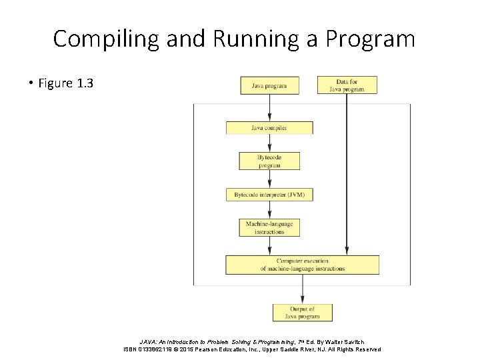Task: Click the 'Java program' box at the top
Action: [x=269, y=85]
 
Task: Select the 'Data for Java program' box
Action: [x=347, y=85]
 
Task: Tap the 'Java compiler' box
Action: [x=269, y=127]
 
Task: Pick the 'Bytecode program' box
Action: [x=269, y=161]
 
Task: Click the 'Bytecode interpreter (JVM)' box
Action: [x=269, y=195]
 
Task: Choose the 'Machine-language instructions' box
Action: [x=269, y=227]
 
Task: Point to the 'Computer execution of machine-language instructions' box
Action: [x=302, y=265]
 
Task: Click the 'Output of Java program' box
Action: [x=302, y=312]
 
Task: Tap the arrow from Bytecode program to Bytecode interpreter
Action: [x=269, y=179]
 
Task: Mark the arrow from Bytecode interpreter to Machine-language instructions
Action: [x=269, y=210]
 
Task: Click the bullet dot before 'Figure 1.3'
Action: [x=31, y=83]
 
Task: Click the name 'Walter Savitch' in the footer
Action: [x=341, y=341]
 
